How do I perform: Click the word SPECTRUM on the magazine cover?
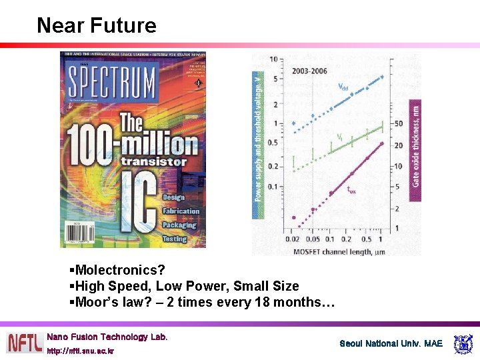[x=111, y=83]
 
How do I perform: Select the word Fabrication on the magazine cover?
[x=181, y=211]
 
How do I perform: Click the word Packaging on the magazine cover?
[x=179, y=225]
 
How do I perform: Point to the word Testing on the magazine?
[x=174, y=238]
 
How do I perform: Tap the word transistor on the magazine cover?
[x=153, y=161]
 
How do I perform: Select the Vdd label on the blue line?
[x=342, y=87]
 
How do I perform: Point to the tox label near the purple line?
[x=351, y=190]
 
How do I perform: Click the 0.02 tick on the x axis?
[x=292, y=239]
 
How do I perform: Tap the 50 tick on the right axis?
[x=398, y=123]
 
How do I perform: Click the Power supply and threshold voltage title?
[x=258, y=137]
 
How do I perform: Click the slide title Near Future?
[x=97, y=25]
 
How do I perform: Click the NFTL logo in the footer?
[x=25, y=343]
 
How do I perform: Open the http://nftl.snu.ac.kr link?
[x=81, y=351]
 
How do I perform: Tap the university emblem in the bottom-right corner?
[x=462, y=344]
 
